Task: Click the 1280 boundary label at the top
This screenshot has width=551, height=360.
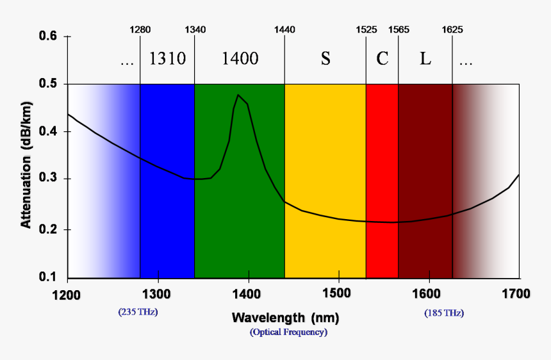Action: point(140,29)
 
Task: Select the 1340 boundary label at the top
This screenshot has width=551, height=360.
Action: point(195,29)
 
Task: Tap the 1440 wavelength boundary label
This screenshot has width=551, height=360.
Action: point(284,29)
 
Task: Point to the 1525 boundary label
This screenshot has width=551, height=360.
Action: point(366,29)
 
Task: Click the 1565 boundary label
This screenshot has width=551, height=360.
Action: point(399,29)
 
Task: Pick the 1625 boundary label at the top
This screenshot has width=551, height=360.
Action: point(452,29)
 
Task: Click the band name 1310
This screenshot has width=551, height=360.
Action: point(167,59)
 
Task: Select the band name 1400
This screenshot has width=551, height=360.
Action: point(240,59)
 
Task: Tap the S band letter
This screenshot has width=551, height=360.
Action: point(325,59)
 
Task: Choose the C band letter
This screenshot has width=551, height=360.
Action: point(382,59)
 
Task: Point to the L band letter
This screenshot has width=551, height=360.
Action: point(425,59)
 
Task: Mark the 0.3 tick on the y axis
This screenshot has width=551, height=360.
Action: point(49,179)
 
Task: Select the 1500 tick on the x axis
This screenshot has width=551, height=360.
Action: point(338,294)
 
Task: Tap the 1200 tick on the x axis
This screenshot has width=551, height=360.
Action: point(67,294)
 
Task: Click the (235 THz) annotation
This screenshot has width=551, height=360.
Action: point(138,313)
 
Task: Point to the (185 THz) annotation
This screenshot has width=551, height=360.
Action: point(444,313)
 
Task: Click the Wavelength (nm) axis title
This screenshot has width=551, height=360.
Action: point(285,318)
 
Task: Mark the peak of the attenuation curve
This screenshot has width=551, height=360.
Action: point(238,95)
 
